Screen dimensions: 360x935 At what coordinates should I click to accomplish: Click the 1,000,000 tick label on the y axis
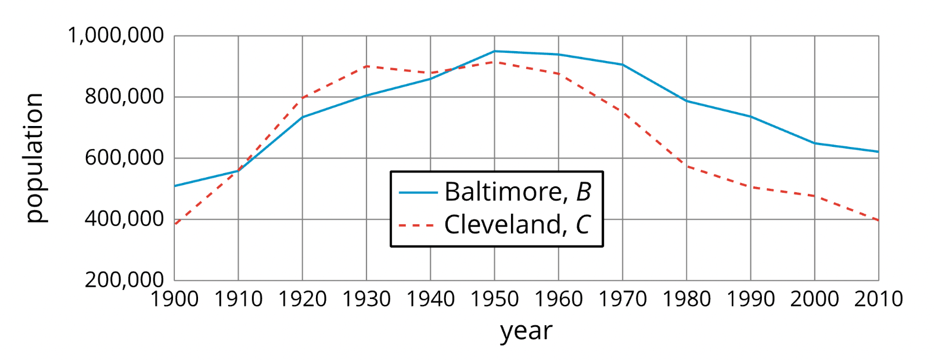point(116,36)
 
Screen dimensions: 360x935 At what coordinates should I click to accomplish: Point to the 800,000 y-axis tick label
point(124,97)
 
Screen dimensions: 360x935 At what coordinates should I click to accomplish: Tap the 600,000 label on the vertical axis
point(124,158)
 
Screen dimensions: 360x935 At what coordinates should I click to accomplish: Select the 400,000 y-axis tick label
point(124,219)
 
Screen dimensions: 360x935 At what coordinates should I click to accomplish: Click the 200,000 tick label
point(124,280)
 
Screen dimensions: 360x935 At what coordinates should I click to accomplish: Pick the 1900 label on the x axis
point(174,300)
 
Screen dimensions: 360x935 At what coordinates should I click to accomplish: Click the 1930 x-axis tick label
point(366,300)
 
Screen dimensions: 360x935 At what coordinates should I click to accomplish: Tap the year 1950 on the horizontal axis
point(494,300)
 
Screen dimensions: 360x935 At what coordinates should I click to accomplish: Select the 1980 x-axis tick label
point(686,300)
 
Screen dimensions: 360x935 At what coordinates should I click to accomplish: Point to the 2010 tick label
point(878,300)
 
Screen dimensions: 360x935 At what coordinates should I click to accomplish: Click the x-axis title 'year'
point(526,332)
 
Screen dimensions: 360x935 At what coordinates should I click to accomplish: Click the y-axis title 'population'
point(35,158)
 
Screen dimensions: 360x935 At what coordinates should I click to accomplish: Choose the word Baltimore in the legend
point(503,192)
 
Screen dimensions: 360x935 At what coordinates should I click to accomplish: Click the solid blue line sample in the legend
point(418,192)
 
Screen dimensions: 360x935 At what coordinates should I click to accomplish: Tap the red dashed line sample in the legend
point(417,225)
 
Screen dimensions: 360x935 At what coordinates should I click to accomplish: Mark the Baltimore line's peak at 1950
point(494,51)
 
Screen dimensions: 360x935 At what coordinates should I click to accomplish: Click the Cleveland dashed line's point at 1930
point(366,66)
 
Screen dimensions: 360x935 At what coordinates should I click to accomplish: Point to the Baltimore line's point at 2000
point(814,143)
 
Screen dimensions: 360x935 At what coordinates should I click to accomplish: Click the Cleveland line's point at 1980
point(686,166)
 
